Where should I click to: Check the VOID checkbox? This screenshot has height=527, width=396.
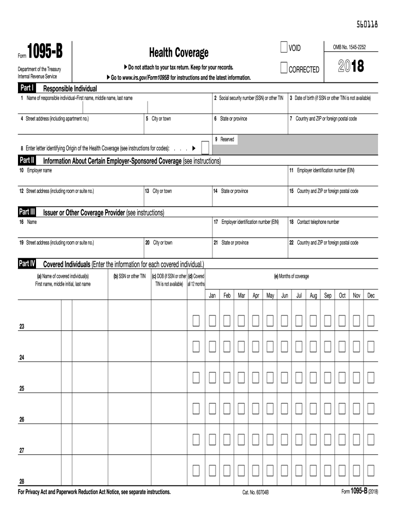coord(284,48)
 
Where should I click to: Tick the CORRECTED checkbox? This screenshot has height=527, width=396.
coord(284,68)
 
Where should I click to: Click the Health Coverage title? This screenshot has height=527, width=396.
coord(178,52)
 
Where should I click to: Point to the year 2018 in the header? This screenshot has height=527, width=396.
coord(351,67)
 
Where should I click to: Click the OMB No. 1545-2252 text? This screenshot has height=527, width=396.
coord(350,48)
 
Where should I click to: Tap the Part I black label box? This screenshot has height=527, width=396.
coord(27,88)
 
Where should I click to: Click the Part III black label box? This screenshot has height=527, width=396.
coord(27,212)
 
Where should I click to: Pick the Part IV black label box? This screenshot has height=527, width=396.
coord(27,263)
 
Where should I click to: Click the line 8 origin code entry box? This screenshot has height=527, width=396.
coord(205,148)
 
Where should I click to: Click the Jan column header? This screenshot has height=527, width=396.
coord(212,296)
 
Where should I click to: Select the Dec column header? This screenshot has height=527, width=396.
coord(370,296)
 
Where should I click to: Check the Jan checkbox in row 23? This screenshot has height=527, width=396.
coord(212,321)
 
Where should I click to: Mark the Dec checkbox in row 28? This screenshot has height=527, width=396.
coord(370,470)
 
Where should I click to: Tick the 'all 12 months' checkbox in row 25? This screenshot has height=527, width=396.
coord(196,379)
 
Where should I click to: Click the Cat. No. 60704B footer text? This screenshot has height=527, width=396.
coord(256,493)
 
